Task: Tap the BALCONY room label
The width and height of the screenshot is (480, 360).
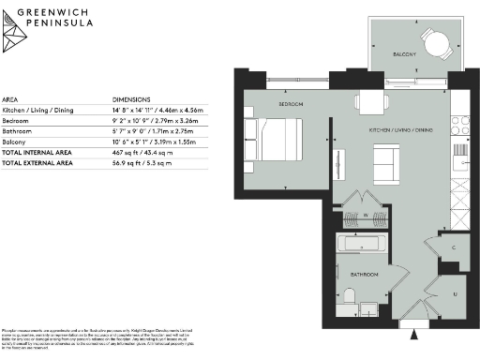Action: pyautogui.click(x=404, y=55)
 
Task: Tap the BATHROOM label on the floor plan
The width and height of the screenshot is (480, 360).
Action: pyautogui.click(x=365, y=275)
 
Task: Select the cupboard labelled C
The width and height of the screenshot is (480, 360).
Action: pyautogui.click(x=454, y=247)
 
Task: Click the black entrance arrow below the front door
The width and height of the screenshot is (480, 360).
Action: pyautogui.click(x=416, y=328)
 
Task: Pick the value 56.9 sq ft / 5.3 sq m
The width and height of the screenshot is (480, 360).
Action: pyautogui.click(x=143, y=162)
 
